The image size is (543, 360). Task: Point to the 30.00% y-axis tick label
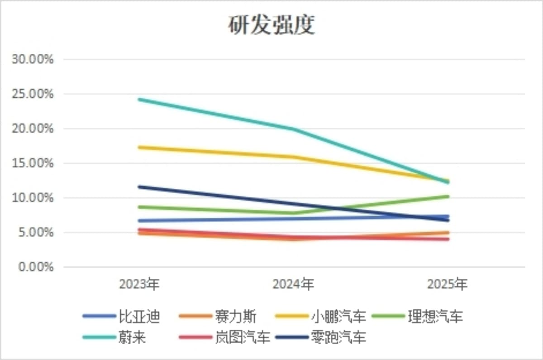[x=33, y=59]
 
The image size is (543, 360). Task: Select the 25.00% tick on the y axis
[x=33, y=94]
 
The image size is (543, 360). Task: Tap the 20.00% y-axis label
[x=33, y=129]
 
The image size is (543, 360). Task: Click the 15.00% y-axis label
[x=33, y=163]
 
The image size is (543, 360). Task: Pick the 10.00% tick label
[x=33, y=198]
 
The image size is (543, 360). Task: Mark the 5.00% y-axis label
[x=36, y=233]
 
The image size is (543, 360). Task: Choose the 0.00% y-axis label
[x=36, y=267]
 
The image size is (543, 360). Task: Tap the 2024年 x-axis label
[x=293, y=284]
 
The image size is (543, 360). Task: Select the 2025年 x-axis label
[x=447, y=284]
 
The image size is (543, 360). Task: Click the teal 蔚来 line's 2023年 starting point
[x=139, y=99]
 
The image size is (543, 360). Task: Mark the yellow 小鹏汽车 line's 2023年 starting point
[x=139, y=147]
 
